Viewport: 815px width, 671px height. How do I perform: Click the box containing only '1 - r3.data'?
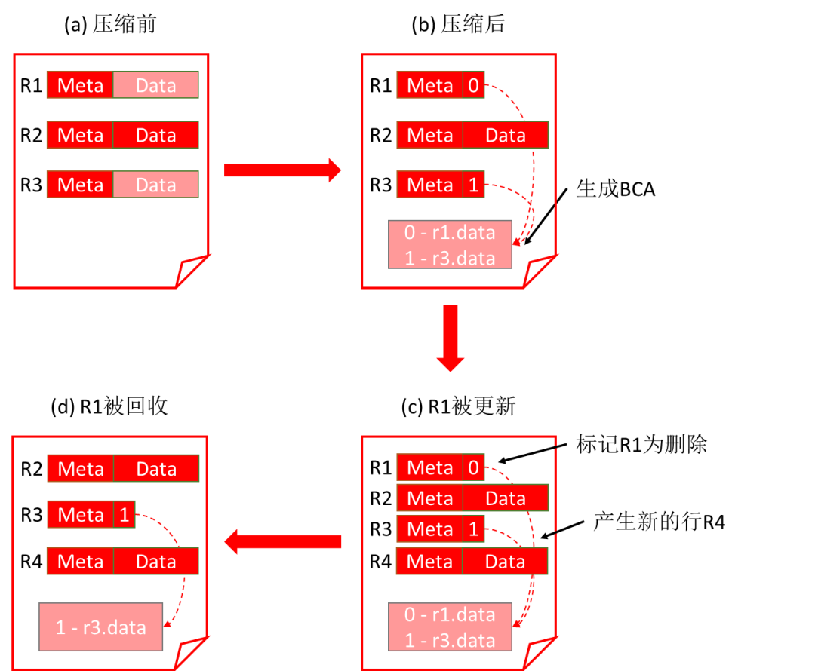101,627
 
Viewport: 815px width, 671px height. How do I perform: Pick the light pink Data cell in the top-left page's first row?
155,85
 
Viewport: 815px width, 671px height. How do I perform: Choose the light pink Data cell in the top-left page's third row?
155,185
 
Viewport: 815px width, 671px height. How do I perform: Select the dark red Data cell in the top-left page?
155,135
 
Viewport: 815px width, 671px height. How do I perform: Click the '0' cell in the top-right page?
473,85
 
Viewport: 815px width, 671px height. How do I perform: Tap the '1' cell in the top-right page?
473,185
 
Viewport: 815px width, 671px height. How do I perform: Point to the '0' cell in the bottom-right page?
473,467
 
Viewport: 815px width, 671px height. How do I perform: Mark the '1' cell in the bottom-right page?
473,529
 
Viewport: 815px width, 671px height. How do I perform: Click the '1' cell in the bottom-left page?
124,514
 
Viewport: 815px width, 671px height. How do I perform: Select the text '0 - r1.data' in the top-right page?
450,232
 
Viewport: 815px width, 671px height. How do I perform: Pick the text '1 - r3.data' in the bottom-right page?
450,640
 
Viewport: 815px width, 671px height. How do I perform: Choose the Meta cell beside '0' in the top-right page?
429,85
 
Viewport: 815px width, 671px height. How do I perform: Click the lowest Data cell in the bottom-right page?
505,561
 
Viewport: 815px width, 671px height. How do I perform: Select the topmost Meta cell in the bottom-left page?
80,468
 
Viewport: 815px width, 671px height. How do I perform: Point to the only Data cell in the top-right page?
505,135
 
